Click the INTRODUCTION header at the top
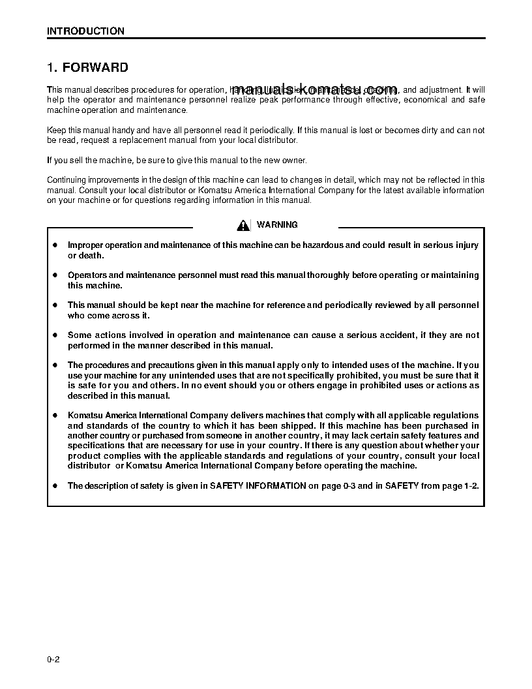pos(85,31)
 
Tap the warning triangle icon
pos(243,225)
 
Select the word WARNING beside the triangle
pos(277,224)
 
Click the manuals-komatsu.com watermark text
pos(314,90)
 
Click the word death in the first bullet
pos(91,255)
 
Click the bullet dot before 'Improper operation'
pos(55,245)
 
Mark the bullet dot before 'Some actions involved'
pos(55,335)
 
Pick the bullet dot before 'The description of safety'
pos(55,485)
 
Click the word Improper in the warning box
pos(86,245)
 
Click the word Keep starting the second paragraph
pos(56,130)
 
